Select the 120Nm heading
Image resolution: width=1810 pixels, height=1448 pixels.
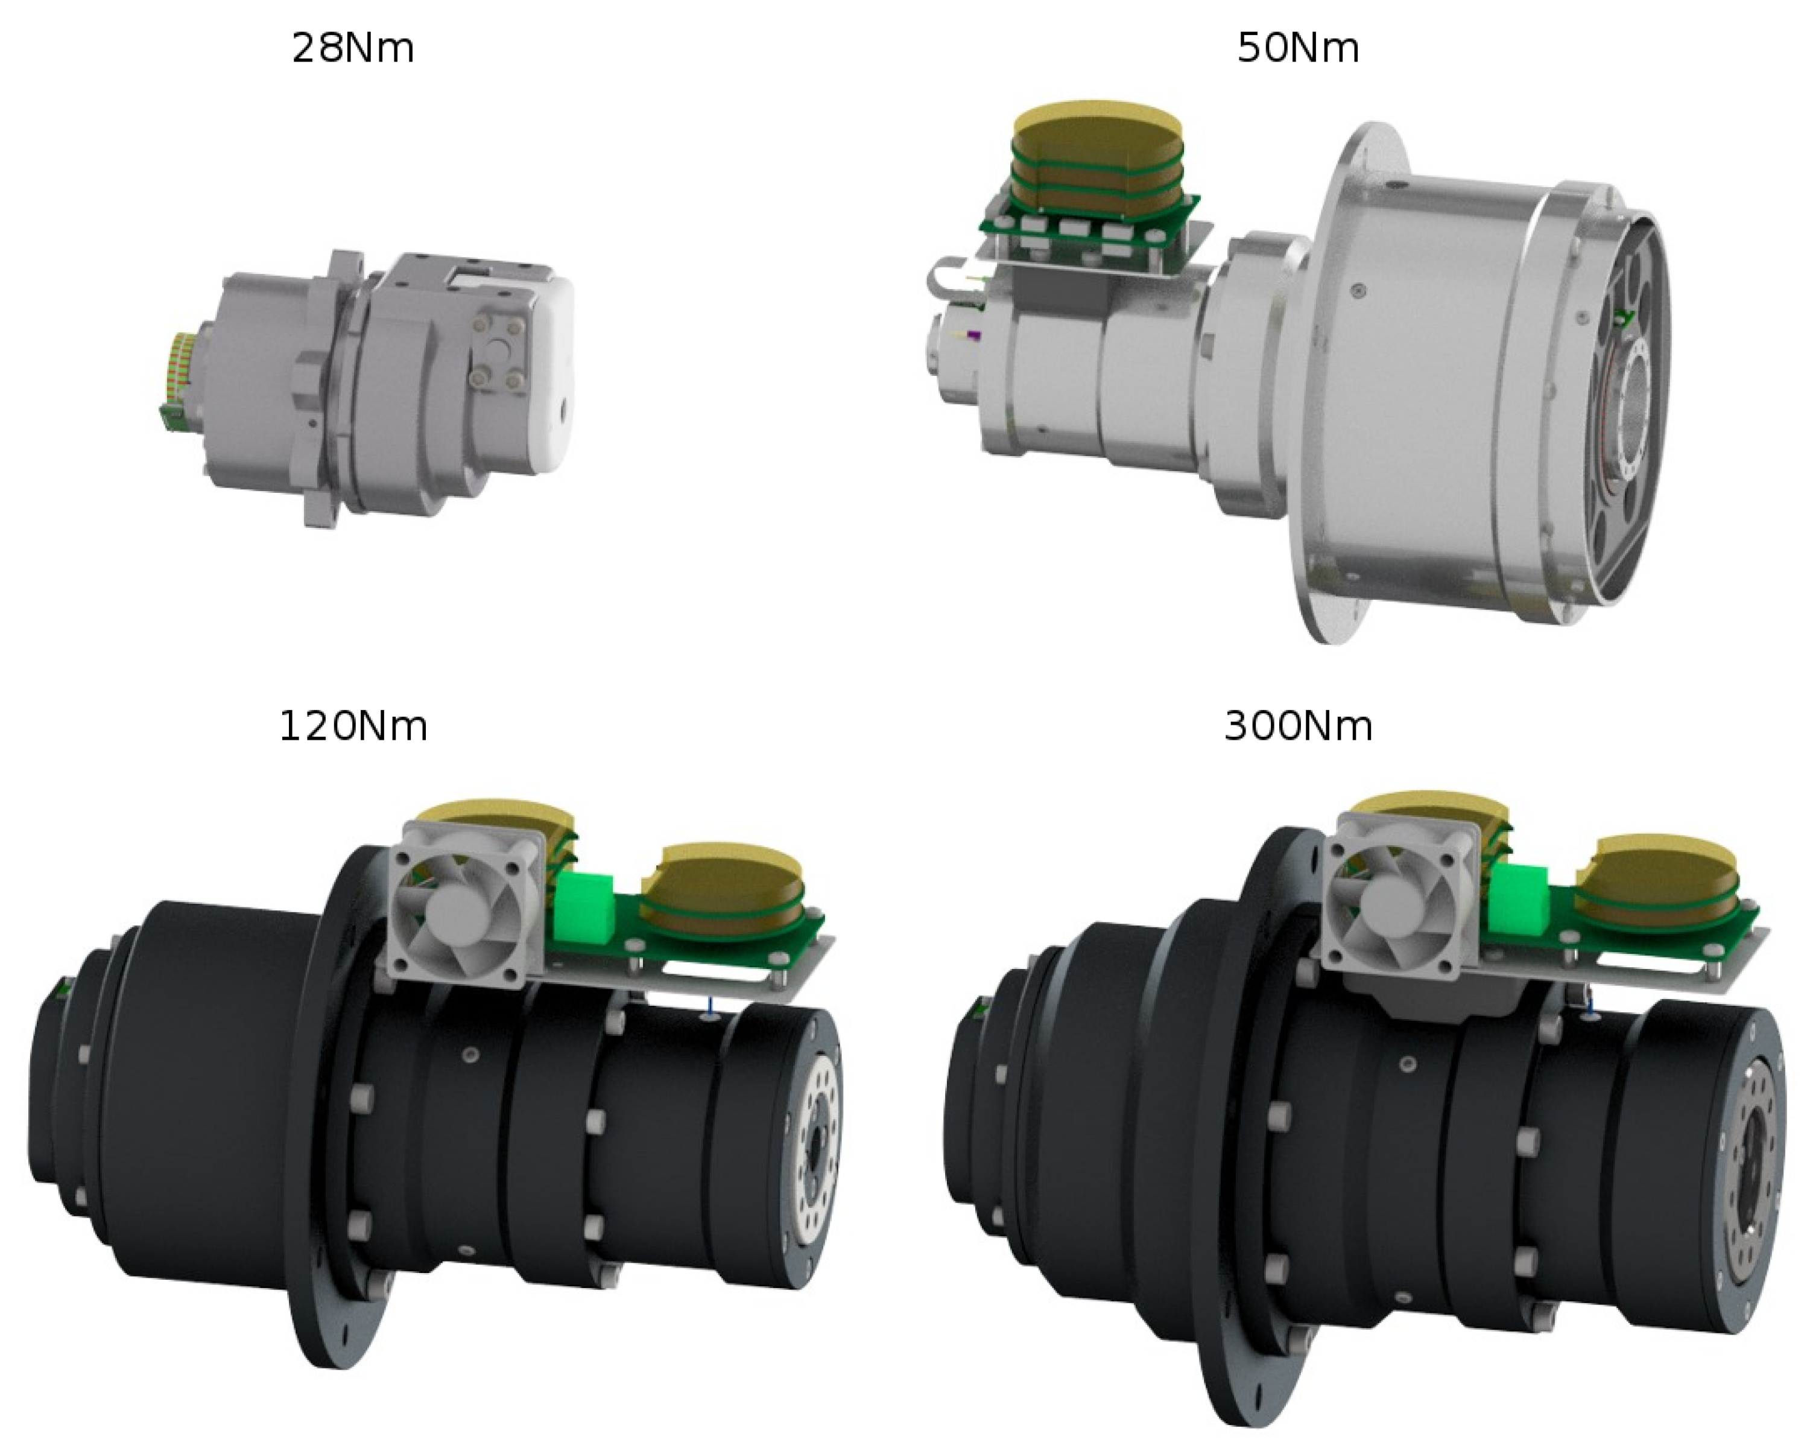pyautogui.click(x=353, y=726)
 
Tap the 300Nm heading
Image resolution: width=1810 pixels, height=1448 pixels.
pyautogui.click(x=1298, y=726)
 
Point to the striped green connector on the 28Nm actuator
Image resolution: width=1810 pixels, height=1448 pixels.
pyautogui.click(x=179, y=373)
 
